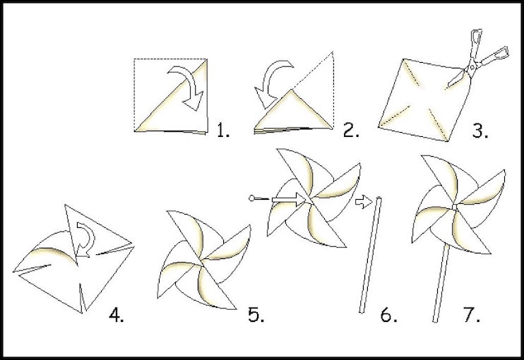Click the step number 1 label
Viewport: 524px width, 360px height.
pyautogui.click(x=224, y=129)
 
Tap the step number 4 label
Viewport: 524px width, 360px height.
pyautogui.click(x=116, y=314)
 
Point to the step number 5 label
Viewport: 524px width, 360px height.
pyautogui.click(x=256, y=314)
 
